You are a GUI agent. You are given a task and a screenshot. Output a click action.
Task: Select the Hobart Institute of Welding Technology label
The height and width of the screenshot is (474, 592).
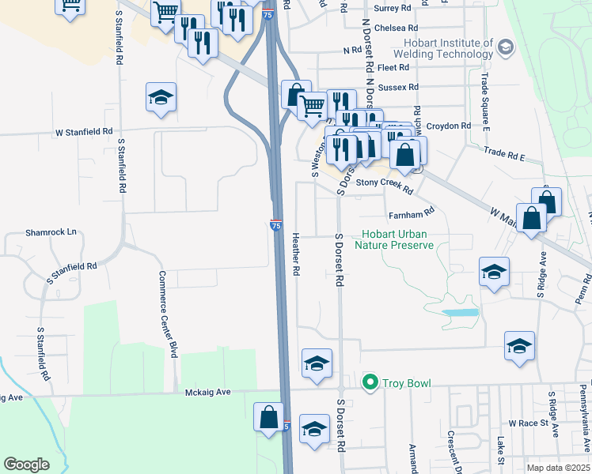[448, 48]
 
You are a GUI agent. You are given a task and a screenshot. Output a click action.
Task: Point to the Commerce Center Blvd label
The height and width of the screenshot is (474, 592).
[168, 314]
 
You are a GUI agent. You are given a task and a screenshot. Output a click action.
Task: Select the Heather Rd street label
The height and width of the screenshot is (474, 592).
[295, 254]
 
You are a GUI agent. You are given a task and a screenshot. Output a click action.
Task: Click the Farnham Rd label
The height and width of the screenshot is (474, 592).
[412, 213]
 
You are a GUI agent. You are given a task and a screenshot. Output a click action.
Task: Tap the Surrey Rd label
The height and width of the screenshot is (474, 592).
[396, 8]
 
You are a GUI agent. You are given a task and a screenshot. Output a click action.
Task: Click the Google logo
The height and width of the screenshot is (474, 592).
[26, 465]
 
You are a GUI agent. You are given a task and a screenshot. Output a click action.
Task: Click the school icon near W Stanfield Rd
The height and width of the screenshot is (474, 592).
[161, 98]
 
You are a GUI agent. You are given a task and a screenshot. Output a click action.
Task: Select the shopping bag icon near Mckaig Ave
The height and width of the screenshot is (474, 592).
[268, 416]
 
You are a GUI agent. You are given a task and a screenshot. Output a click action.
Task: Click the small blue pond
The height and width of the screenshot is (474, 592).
[460, 313]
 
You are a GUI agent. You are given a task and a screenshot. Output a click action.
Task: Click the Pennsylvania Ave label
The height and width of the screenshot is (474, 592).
[583, 411]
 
